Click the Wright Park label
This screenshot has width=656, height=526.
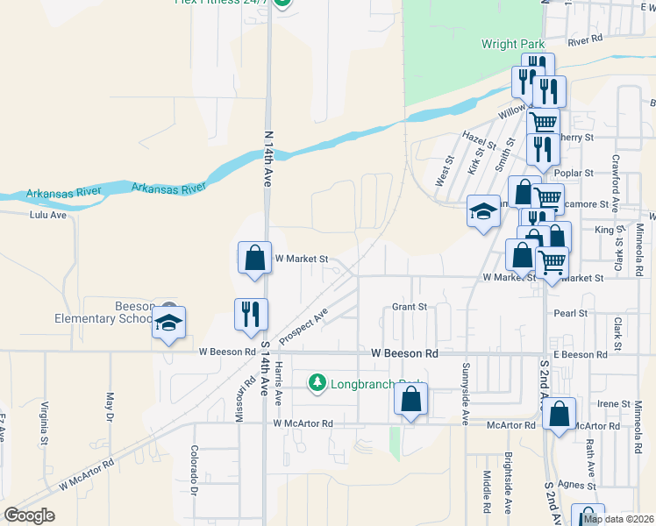513,44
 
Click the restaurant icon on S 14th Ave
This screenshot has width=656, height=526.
251,314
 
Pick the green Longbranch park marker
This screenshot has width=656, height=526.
317,383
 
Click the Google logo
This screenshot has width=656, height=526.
29,515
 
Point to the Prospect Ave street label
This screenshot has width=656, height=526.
303,326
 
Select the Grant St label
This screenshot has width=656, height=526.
409,307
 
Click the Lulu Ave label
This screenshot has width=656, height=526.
48,215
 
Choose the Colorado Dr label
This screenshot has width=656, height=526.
195,468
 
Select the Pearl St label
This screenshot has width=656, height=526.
570,313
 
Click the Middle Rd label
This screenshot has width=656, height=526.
486,491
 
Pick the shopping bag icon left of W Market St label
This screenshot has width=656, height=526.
254,259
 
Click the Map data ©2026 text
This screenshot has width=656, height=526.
618,519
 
